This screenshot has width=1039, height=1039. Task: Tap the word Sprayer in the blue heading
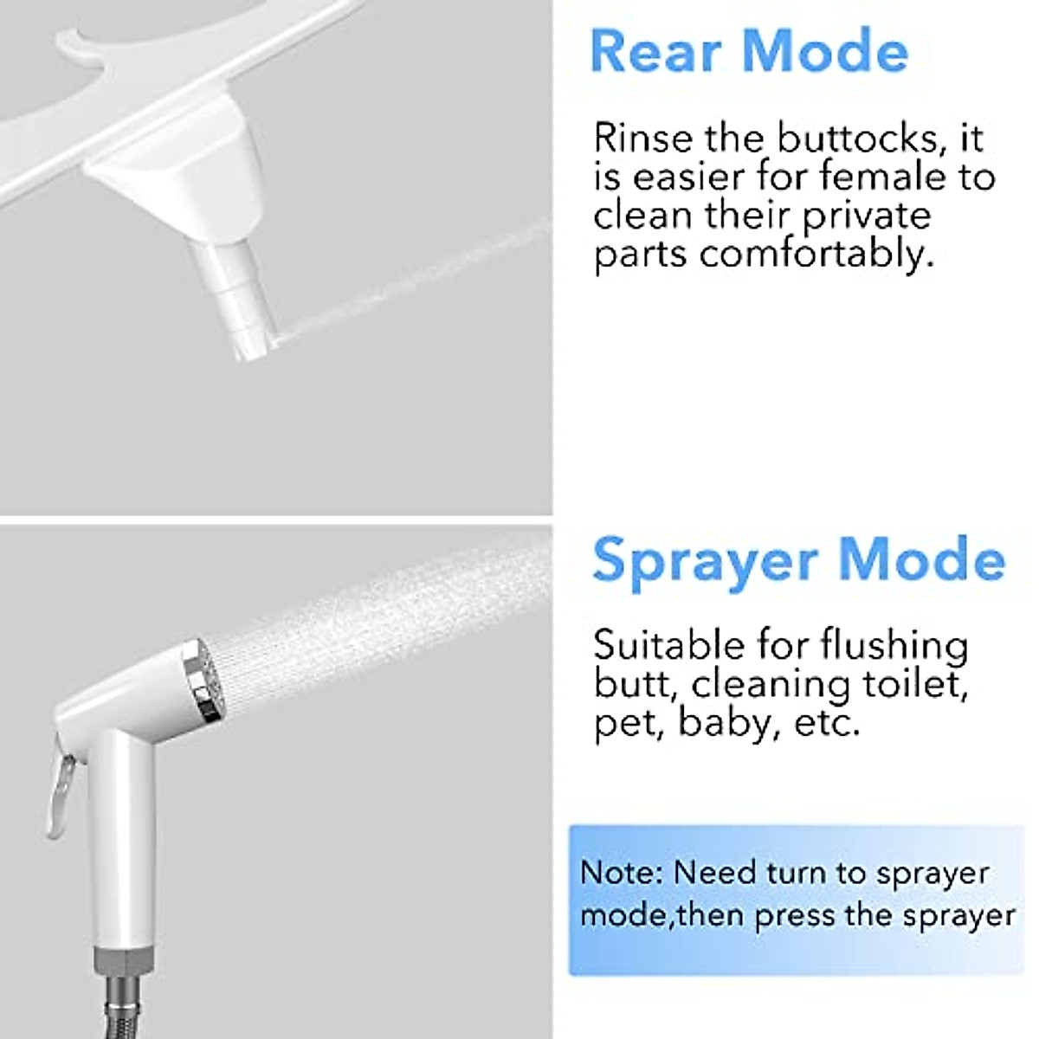point(702,561)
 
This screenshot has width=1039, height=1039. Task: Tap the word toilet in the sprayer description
point(914,684)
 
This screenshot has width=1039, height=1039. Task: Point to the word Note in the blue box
point(620,872)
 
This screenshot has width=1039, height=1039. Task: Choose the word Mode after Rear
point(825,51)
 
